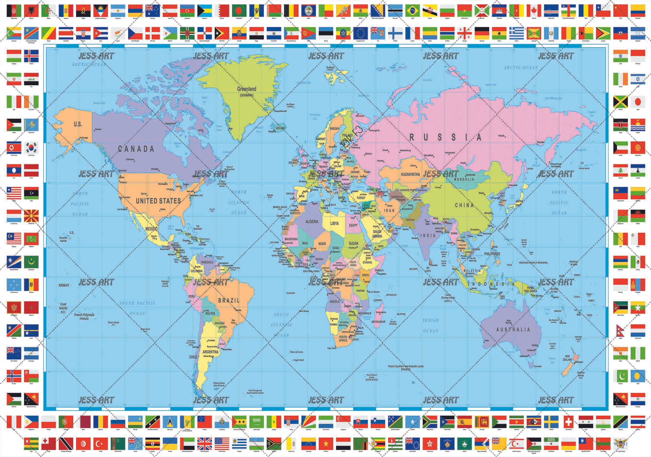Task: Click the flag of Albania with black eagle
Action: click(x=31, y=11)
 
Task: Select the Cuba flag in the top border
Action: click(x=101, y=33)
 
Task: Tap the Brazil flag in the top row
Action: click(x=413, y=11)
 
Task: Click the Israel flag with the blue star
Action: click(x=638, y=79)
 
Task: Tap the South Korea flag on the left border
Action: click(x=31, y=148)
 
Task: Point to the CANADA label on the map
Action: click(x=136, y=149)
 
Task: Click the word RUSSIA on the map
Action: click(x=445, y=138)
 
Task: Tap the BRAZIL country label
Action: click(x=228, y=301)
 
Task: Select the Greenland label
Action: click(x=246, y=89)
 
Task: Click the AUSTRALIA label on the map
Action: click(x=513, y=329)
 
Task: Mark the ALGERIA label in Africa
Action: click(x=312, y=222)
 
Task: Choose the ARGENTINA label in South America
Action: click(x=210, y=352)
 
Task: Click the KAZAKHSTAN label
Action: click(x=410, y=174)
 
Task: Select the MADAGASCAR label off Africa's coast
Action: click(x=378, y=322)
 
